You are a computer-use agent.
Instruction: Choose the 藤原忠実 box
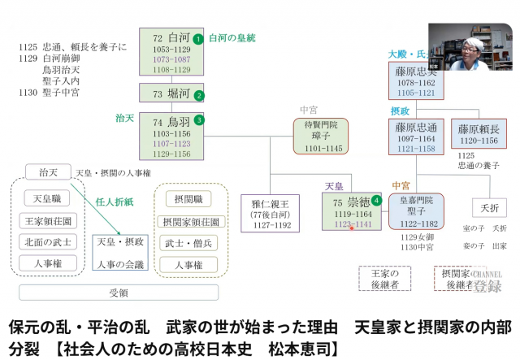(x=415, y=81)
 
